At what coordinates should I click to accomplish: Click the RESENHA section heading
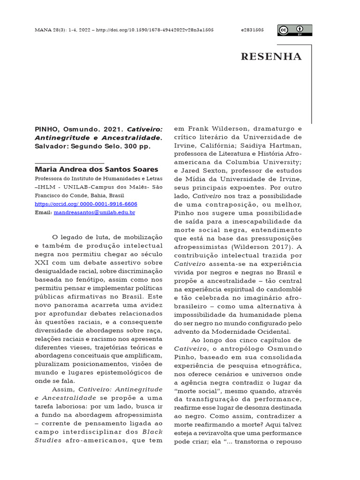(271, 57)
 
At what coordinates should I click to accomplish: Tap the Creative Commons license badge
(294, 30)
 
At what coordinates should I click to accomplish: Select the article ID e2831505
(252, 30)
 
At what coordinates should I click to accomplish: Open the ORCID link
(86, 204)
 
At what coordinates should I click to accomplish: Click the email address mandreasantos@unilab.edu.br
(94, 212)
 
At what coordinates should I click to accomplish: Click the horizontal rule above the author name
(69, 162)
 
